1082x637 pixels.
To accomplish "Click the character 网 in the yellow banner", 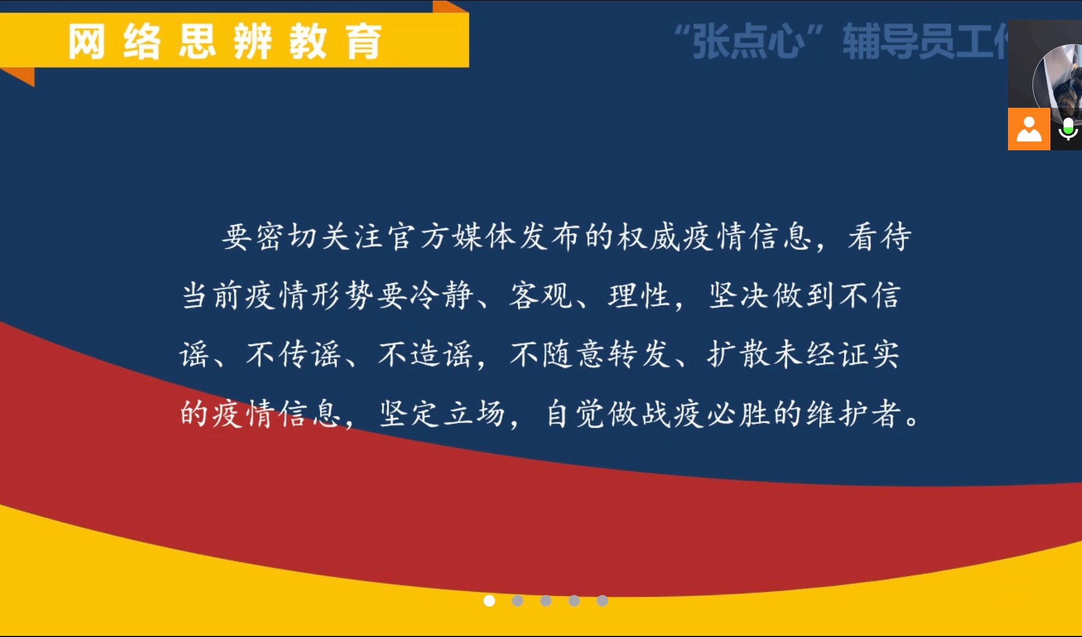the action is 86,41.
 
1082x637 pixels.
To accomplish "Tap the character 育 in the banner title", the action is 363,41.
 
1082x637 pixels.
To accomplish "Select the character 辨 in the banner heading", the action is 253,41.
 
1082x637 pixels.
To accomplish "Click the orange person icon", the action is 1029,129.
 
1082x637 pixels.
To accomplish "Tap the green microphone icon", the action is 1068,129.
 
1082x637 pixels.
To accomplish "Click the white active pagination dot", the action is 489,601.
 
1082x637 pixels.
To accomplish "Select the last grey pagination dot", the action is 602,601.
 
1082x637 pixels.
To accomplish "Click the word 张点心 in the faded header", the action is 748,41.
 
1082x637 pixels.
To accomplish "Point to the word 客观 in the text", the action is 541,296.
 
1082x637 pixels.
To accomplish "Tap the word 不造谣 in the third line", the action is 425,354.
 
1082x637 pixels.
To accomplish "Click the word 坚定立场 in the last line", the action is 442,413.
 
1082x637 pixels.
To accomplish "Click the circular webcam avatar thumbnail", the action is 1058,84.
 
